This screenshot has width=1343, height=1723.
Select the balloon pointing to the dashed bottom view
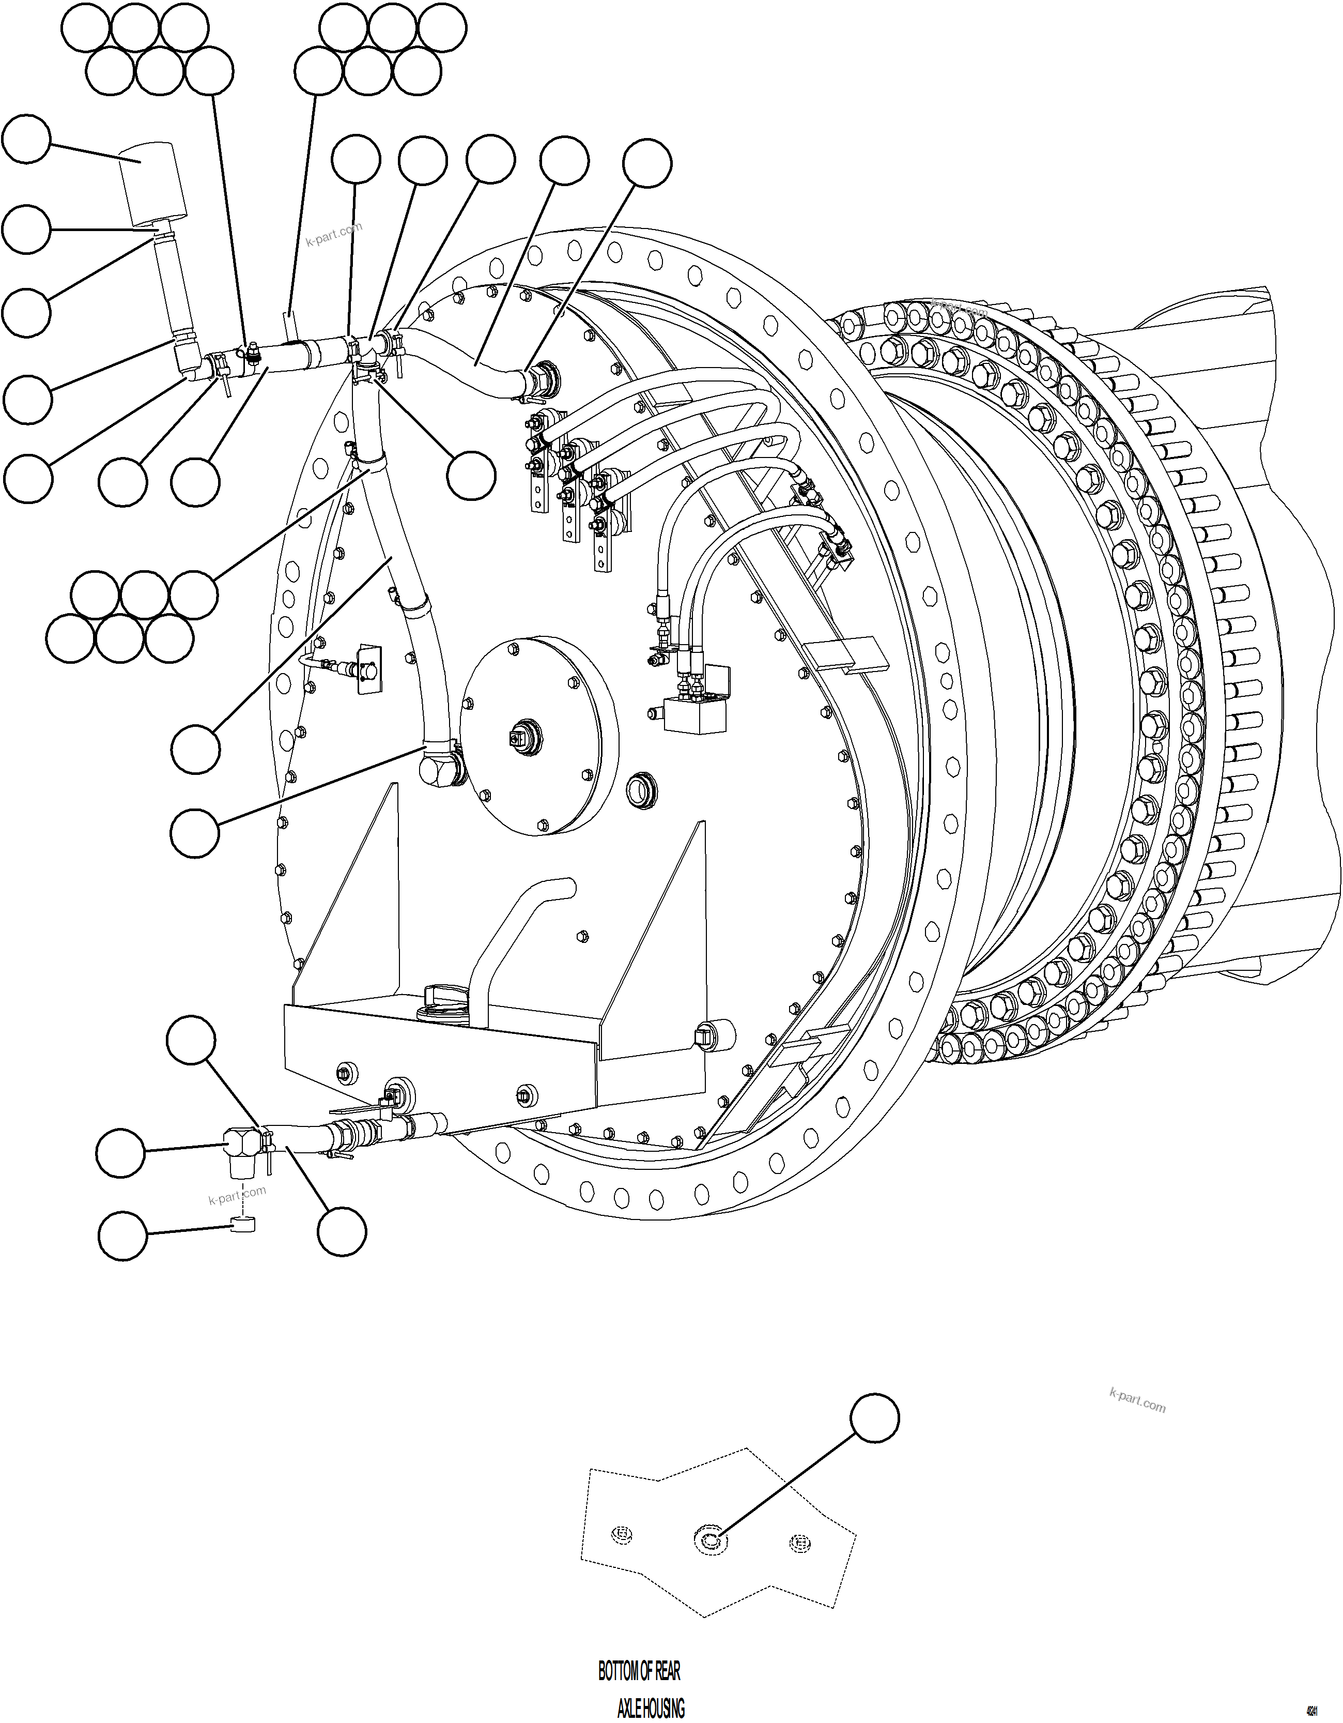874,1419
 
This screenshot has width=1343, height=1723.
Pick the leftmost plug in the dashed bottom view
622,1534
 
